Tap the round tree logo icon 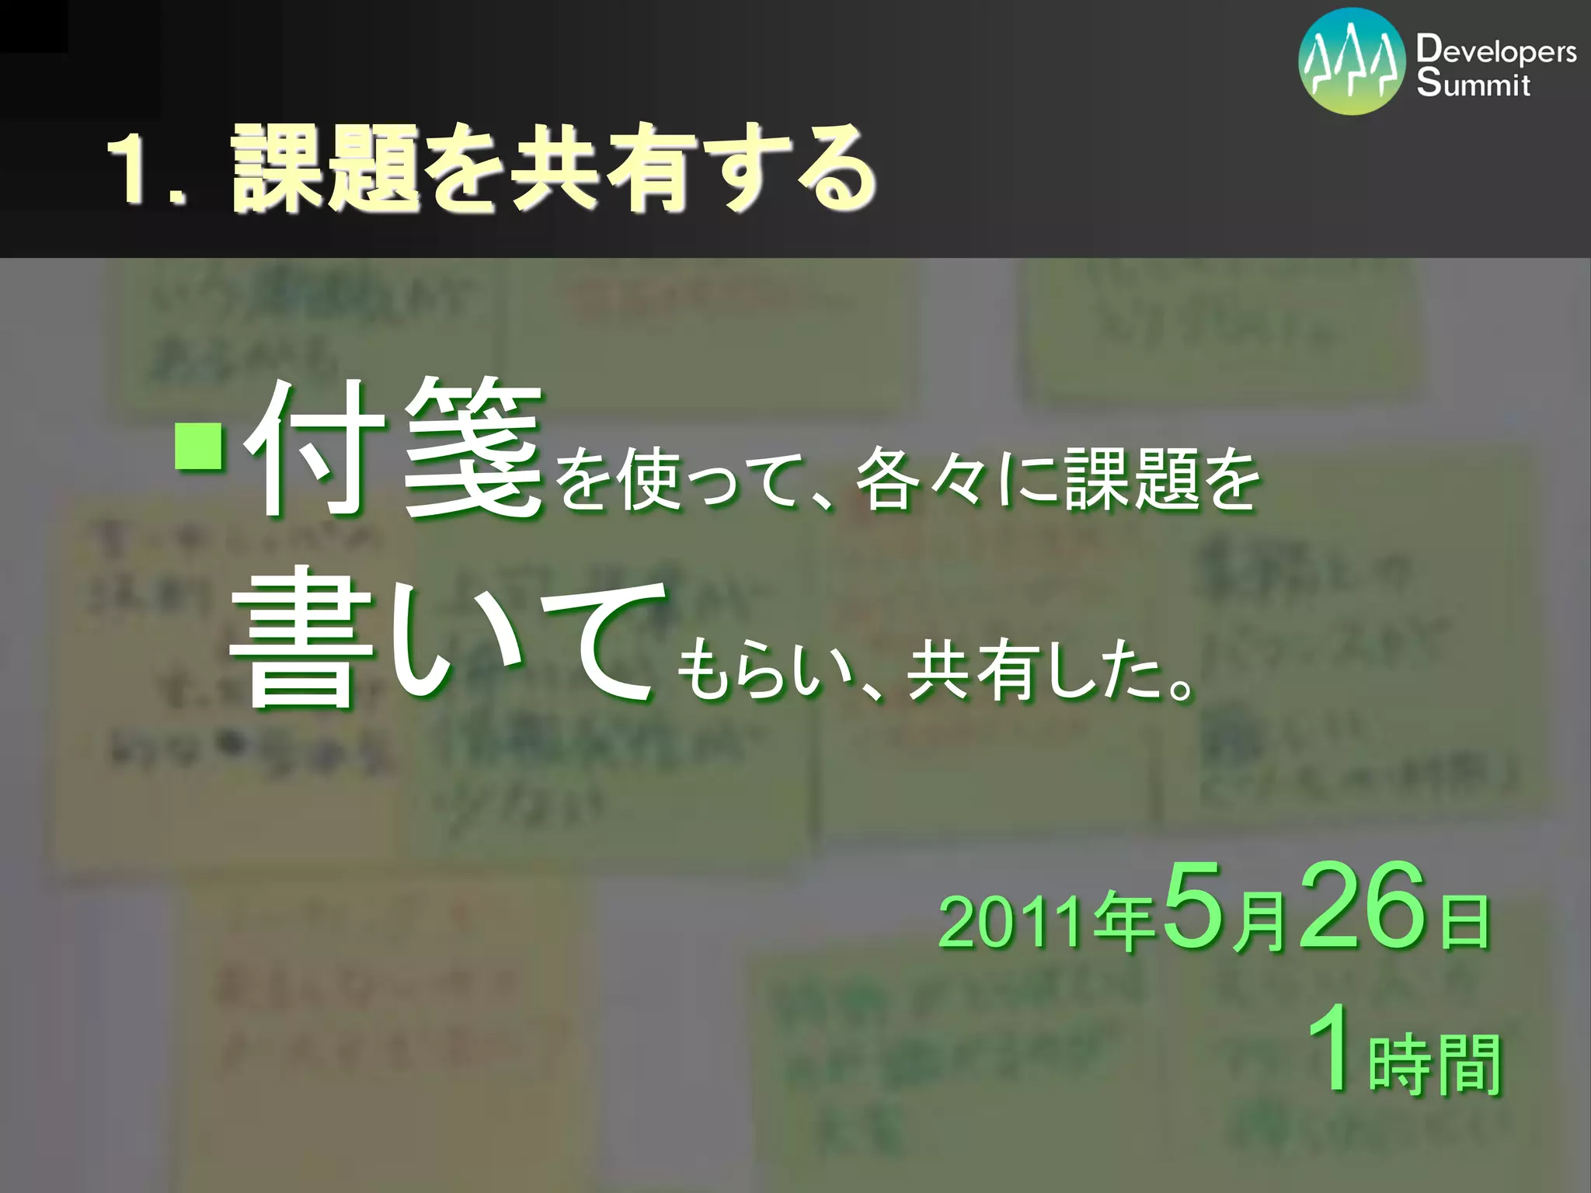tap(1351, 61)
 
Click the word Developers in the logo tap(1495, 51)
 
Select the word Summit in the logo tap(1472, 83)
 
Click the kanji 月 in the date tap(1257, 923)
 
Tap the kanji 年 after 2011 tap(1123, 923)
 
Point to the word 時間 tap(1434, 1066)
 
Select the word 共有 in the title tap(598, 169)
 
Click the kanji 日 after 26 tap(1464, 923)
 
